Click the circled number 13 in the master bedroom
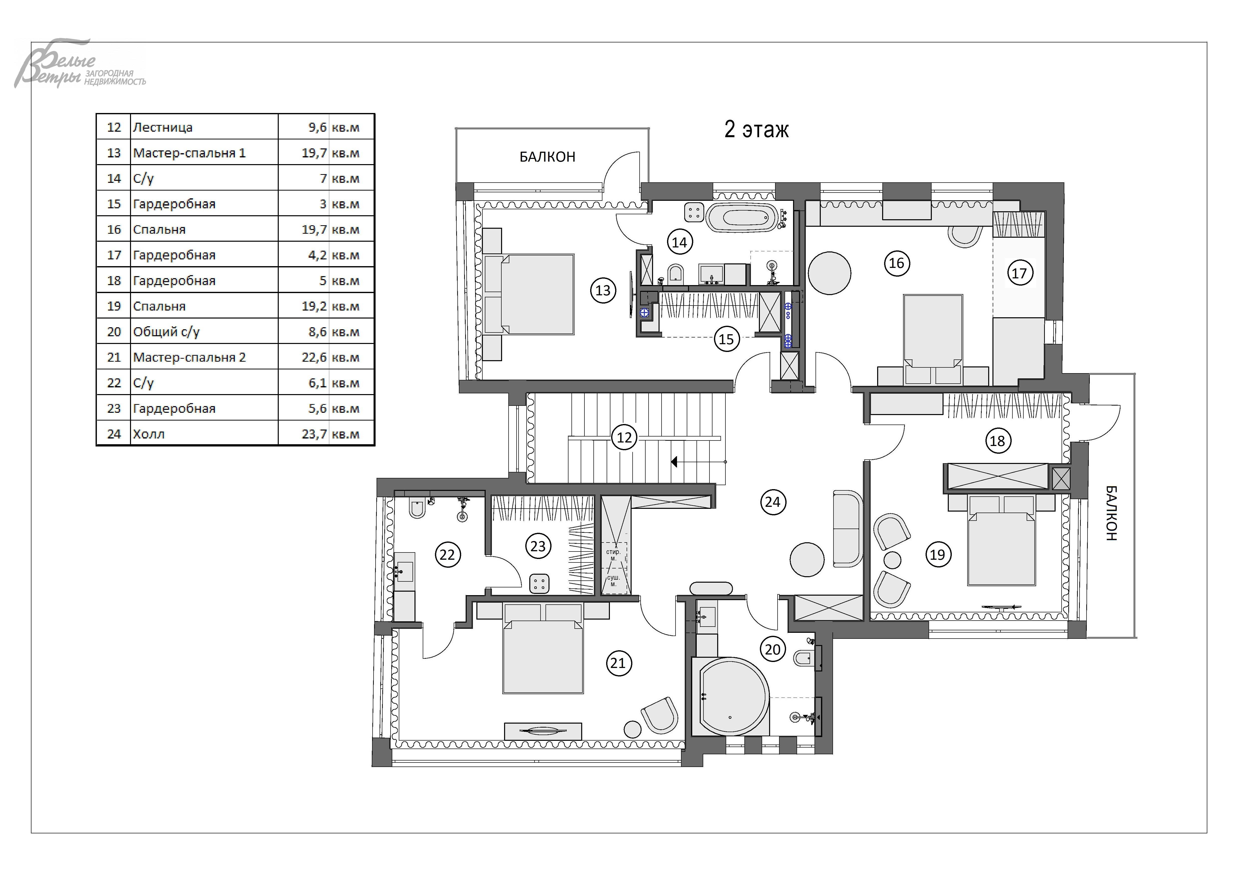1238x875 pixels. (603, 290)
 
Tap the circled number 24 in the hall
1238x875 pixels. (773, 502)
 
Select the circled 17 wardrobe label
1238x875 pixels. (1019, 273)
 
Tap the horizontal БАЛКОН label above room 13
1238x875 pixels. (547, 157)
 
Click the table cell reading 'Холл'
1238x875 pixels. (149, 434)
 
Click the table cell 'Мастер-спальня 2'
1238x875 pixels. (189, 357)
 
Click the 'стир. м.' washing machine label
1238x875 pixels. (614, 555)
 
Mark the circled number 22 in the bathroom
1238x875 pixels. (447, 554)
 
